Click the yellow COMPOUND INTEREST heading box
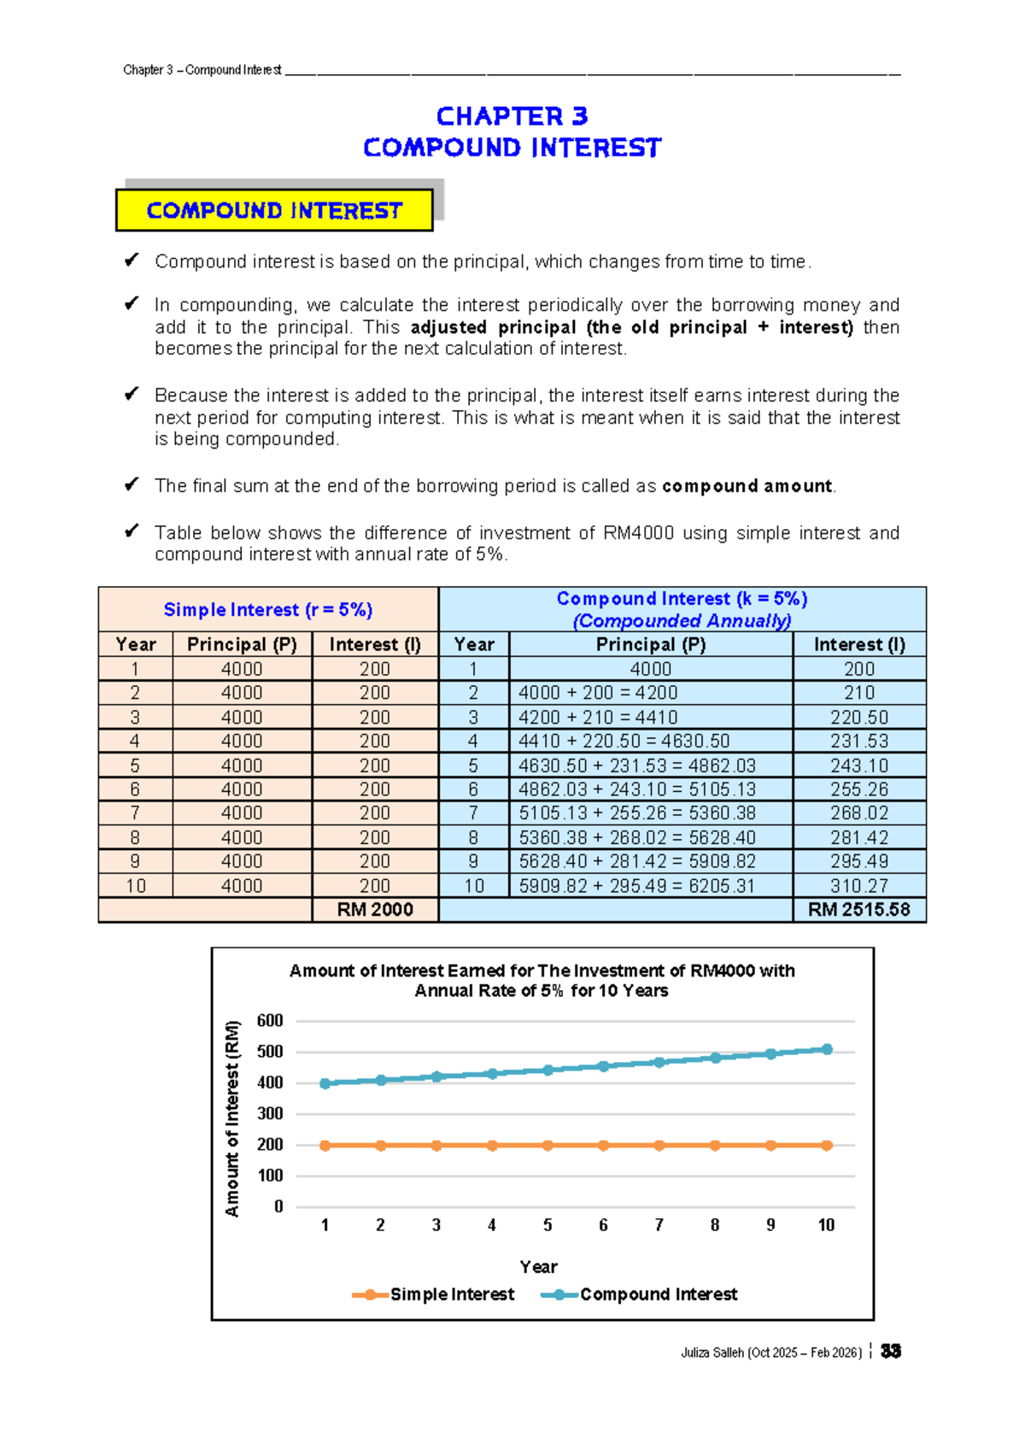coord(274,210)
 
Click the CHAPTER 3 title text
coord(512,116)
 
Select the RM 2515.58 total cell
coord(858,910)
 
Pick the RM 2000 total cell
coord(374,910)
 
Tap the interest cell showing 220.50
coord(858,718)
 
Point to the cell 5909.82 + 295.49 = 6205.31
coord(636,886)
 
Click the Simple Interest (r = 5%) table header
coord(268,610)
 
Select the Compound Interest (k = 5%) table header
coord(682,600)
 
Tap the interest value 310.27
coord(858,886)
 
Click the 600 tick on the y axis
coord(270,1021)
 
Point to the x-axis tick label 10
coord(826,1225)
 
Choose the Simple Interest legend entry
coord(434,1294)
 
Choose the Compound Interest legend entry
coord(640,1294)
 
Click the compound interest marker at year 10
coord(826,1049)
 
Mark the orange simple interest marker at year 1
coord(325,1146)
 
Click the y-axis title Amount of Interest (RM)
coord(232,1118)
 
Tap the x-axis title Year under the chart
coord(538,1267)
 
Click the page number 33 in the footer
coord(891,1352)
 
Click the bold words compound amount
coord(747,486)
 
